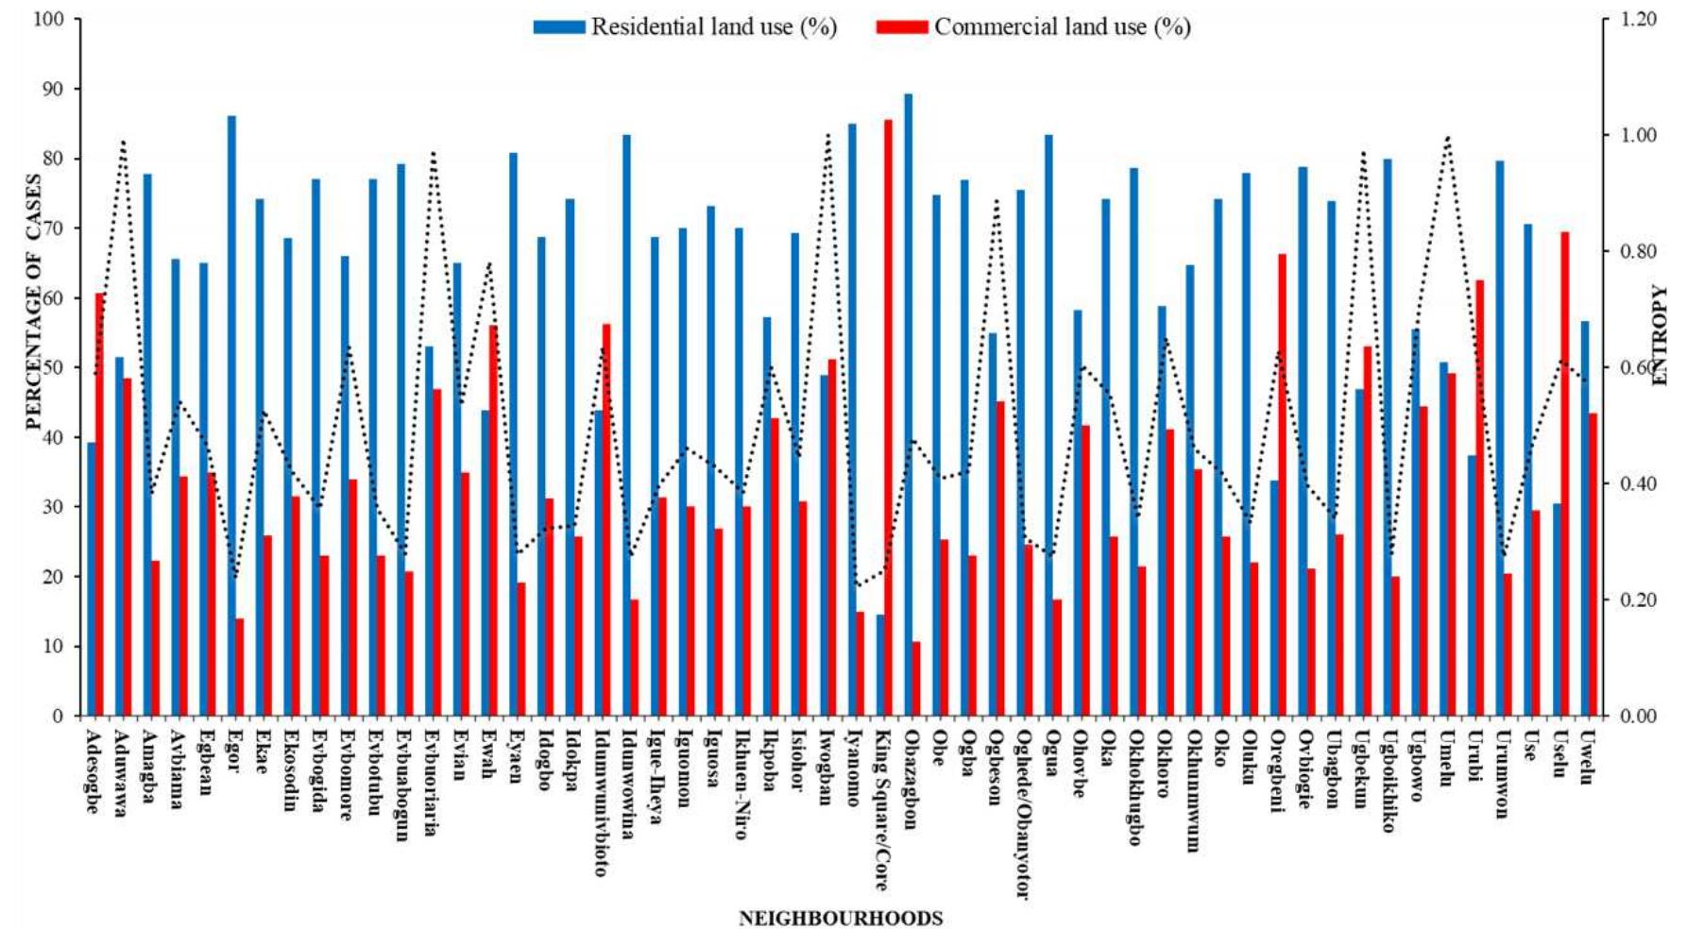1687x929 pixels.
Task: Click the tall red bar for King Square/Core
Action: point(888,415)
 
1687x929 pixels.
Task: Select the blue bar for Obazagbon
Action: point(908,406)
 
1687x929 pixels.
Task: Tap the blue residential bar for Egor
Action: point(231,415)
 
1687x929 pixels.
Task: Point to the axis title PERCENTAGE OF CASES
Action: point(34,302)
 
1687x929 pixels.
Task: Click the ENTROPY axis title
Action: point(1660,335)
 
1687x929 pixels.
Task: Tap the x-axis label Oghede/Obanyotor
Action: point(1021,812)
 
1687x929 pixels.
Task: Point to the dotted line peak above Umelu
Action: point(1447,138)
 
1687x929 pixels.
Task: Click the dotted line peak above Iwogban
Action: point(829,135)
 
